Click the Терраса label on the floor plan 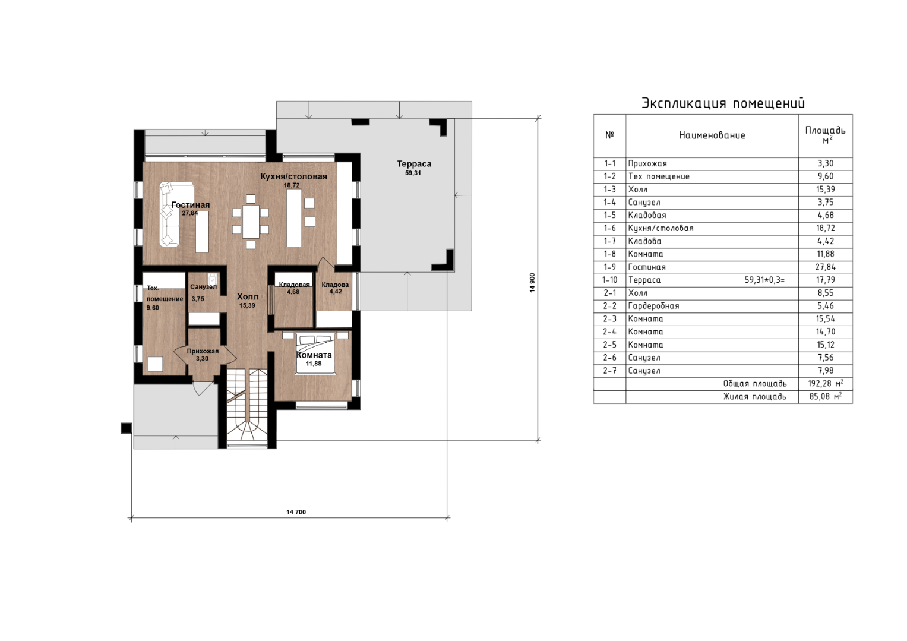click(414, 164)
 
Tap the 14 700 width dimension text click(296, 512)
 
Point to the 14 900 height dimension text click(532, 283)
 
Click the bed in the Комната click(316, 352)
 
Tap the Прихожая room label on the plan click(203, 351)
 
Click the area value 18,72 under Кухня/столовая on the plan click(292, 185)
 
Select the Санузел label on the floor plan click(203, 287)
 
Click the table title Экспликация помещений click(723, 103)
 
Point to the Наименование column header click(712, 135)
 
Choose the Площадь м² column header click(825, 135)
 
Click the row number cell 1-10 click(610, 280)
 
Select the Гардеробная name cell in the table click(653, 306)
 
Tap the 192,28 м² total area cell click(826, 383)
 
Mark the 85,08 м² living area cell click(826, 396)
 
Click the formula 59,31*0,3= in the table click(764, 280)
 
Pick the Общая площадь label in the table click(755, 384)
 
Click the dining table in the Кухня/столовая click(251, 222)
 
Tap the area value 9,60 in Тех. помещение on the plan click(153, 308)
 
